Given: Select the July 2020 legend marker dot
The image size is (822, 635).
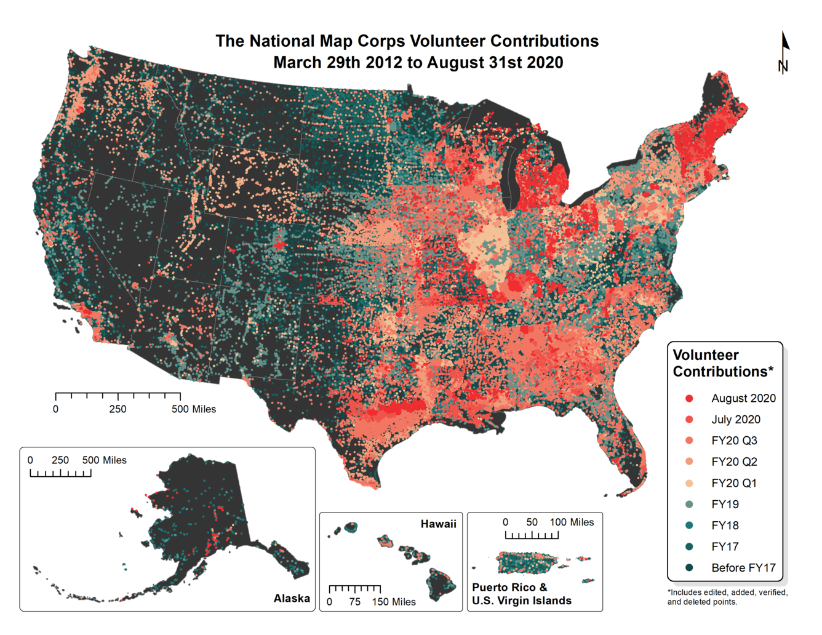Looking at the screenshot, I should coord(690,420).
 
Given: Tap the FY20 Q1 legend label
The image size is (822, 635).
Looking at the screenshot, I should coord(733,483).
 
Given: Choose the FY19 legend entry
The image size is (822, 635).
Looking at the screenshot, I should coord(724,505).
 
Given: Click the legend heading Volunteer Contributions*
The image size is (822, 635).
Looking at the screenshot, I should coord(722,363).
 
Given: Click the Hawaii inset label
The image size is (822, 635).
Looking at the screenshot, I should coord(438,524).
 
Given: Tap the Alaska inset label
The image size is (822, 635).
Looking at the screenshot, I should coord(292,598).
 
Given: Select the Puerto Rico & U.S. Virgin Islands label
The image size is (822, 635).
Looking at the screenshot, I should coord(521,594).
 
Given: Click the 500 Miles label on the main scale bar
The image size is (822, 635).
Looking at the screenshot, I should coord(194,409).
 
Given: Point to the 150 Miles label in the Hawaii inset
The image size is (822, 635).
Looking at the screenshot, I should coord(394,602).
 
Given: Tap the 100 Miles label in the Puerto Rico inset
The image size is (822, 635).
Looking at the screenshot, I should coord(572,522).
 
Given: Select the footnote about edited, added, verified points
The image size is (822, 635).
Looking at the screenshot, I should coord(727,597).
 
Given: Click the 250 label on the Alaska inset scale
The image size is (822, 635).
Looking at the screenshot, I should coord(60,460).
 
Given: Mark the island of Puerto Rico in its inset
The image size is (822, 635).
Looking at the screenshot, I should coord(526,562).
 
